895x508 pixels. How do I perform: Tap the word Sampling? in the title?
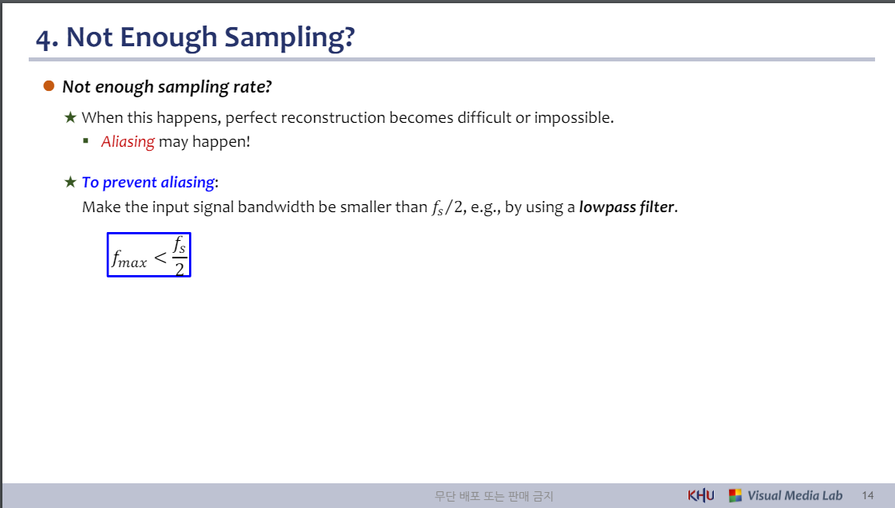[x=290, y=38]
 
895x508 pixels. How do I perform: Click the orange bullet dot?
[x=49, y=85]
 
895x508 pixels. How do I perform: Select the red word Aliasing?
[x=128, y=142]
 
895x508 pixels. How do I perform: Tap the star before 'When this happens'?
[x=70, y=117]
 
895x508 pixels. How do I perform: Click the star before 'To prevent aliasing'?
[x=70, y=182]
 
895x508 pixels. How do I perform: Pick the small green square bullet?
[x=85, y=140]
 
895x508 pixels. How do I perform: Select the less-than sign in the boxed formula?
[x=160, y=258]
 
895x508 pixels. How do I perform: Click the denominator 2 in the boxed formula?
[x=179, y=268]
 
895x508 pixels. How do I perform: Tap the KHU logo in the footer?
[x=701, y=495]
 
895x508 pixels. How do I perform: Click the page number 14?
[x=868, y=495]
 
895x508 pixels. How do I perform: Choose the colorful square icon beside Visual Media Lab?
[x=735, y=495]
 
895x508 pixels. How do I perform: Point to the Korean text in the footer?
[x=494, y=496]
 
